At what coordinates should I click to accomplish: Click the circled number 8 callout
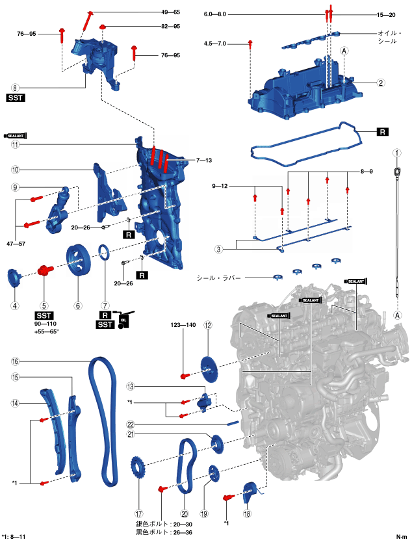(15, 86)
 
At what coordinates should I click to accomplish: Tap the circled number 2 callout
(381, 83)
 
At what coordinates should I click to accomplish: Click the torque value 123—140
(183, 324)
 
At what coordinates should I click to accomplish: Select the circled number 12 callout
(208, 326)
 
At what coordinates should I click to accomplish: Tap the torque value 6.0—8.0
(216, 14)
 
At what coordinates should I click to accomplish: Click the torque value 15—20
(385, 14)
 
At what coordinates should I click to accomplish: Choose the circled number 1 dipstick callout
(394, 153)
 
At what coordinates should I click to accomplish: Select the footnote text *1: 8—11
(14, 537)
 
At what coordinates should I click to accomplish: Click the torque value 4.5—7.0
(215, 44)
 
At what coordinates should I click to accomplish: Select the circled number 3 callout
(219, 249)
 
